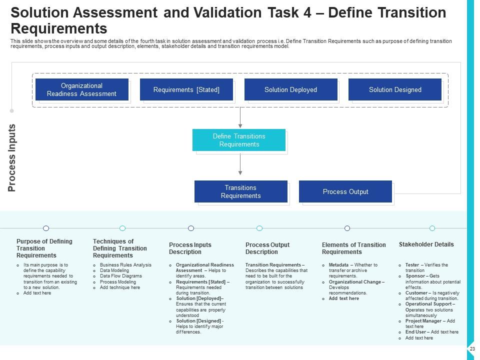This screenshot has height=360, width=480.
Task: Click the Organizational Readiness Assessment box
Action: [81, 89]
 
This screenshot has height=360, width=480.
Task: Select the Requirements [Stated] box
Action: [186, 89]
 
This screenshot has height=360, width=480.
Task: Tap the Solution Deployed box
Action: [290, 89]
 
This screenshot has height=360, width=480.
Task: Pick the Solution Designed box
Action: [395, 89]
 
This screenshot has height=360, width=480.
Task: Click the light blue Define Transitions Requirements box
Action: [239, 140]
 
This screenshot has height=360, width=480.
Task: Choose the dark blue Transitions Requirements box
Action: [240, 191]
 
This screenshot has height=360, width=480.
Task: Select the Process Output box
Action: [345, 191]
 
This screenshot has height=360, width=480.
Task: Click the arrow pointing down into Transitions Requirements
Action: [240, 165]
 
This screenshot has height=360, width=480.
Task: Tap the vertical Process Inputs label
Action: [12, 158]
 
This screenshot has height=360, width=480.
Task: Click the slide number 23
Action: [472, 348]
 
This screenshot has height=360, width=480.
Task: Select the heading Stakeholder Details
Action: [426, 244]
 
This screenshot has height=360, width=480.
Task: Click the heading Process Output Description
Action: [267, 248]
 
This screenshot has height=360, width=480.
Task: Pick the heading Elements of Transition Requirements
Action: [353, 248]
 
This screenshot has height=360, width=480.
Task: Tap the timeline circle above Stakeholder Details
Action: [432, 228]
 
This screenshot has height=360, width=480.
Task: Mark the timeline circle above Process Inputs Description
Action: [191, 228]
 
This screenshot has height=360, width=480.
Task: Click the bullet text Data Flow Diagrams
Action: [120, 276]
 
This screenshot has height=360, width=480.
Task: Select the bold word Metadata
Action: [339, 265]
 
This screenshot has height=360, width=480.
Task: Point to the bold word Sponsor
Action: [416, 276]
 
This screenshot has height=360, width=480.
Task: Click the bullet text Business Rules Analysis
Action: [125, 265]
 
